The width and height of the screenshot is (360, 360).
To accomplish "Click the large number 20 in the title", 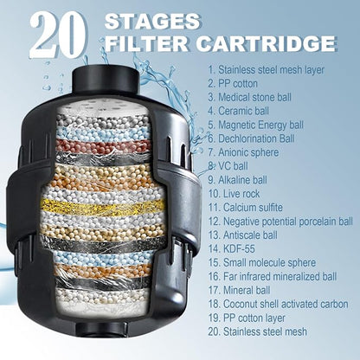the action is (58, 35).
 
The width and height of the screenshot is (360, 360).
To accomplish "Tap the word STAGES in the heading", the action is (152, 22).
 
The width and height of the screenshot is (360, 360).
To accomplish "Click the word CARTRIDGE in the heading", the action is (266, 43).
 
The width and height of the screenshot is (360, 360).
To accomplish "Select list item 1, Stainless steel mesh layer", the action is (267, 70).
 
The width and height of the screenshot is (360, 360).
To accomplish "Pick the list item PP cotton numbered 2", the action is (233, 84).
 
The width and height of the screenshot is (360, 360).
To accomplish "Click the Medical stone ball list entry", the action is (250, 97).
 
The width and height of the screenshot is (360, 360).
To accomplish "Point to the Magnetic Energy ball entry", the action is (256, 125).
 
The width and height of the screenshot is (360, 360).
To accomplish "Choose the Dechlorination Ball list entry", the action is (251, 138).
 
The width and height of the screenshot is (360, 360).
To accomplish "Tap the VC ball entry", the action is (228, 166).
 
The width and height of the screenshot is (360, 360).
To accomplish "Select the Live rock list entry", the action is (234, 194).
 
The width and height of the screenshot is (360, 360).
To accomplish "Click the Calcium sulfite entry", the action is (246, 208).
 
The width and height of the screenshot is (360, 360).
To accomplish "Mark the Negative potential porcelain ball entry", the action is (280, 222).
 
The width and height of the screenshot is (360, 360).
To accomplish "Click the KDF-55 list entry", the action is (232, 248).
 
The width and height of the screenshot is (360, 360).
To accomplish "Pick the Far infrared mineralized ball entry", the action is (273, 276).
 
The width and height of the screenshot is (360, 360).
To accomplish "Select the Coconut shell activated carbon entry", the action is (279, 304).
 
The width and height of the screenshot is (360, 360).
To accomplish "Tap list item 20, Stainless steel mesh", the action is (258, 331).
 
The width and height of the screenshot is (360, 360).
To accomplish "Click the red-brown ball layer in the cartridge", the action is (103, 145).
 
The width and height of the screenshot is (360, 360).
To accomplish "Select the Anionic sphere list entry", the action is (243, 152).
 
